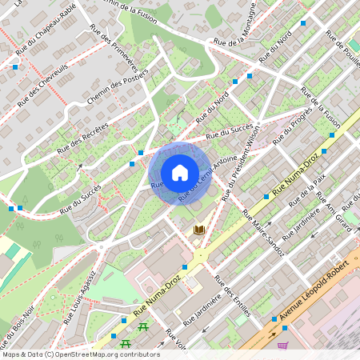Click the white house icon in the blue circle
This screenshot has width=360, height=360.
pyautogui.click(x=179, y=172)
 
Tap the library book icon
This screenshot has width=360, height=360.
pyautogui.click(x=199, y=230)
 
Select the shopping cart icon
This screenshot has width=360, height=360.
pyautogui.click(x=282, y=346)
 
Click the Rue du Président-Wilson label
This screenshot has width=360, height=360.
pyautogui.click(x=242, y=167)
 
